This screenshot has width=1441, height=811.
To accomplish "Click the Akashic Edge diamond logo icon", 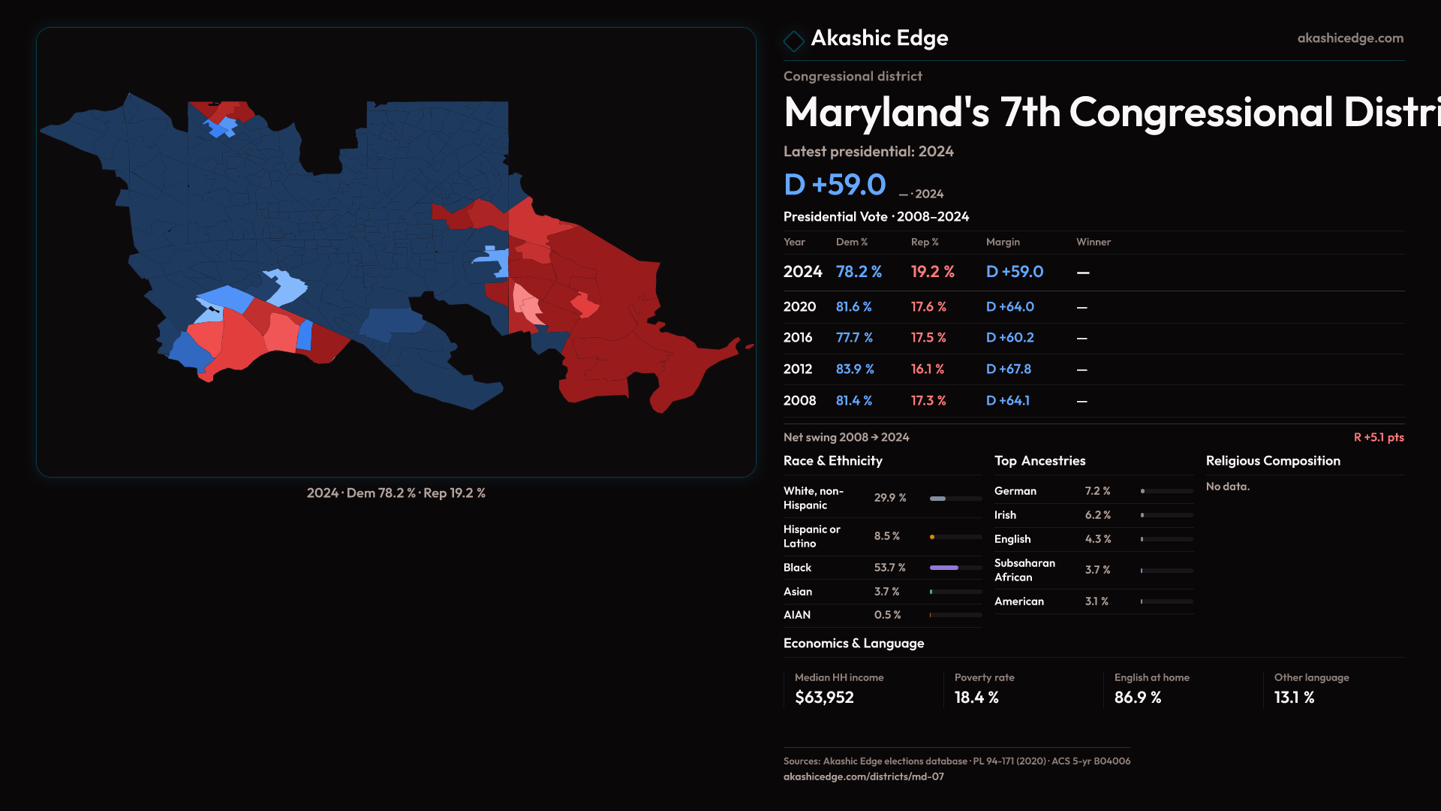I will tap(793, 41).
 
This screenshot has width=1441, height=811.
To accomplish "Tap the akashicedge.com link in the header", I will tap(1349, 38).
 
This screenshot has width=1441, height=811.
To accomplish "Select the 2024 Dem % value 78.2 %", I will tap(859, 272).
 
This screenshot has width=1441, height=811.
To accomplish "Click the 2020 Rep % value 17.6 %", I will tap(928, 307).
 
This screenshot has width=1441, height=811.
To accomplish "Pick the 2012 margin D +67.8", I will tap(1008, 369).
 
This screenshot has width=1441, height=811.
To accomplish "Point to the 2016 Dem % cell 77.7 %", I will tap(854, 338).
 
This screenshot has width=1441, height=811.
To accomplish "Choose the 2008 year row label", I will tap(799, 401).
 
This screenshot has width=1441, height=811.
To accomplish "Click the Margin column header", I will tap(1003, 242).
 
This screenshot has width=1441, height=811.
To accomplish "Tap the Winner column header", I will tap(1093, 242).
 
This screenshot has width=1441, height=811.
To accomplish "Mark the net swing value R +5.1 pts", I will tap(1378, 437).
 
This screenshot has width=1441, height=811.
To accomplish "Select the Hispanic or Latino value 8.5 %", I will tap(886, 536).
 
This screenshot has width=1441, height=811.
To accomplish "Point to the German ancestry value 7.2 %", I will tap(1097, 491).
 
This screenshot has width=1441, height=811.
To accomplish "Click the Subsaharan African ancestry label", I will tap(1024, 570).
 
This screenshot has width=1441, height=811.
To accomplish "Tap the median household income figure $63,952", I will tap(824, 698).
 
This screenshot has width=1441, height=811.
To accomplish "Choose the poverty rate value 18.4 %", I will tap(976, 698).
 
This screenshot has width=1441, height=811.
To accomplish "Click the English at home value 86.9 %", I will tap(1137, 698).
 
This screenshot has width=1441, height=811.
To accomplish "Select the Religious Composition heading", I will tap(1272, 461).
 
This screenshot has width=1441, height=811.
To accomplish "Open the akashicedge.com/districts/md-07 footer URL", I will tap(863, 776).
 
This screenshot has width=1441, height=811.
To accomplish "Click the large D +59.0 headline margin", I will tap(835, 185).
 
